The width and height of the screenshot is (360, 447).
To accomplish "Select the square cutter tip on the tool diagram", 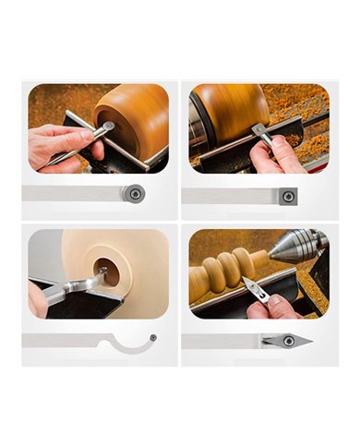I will tap(287, 195).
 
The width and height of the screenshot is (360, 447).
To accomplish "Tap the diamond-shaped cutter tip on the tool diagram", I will tap(297, 341).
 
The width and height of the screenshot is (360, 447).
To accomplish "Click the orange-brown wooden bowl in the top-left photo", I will tap(134, 120).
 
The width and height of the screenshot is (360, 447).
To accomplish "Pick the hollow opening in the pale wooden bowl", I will tap(99, 272).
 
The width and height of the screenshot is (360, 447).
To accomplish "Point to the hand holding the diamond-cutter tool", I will tap(268, 305).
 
